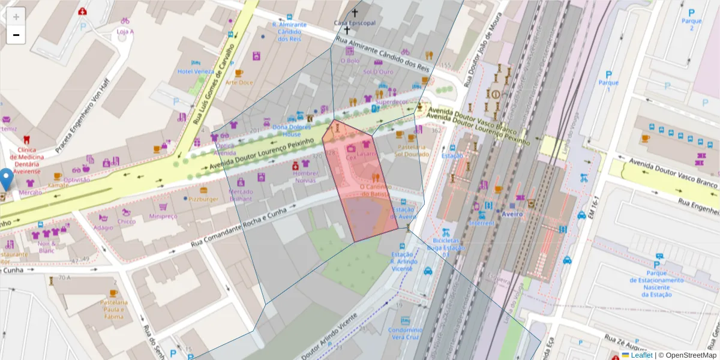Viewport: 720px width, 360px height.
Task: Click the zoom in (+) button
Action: click(16, 16)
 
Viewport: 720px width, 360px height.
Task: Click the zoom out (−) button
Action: click(16, 35)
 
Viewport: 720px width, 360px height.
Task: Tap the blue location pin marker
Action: click(7, 178)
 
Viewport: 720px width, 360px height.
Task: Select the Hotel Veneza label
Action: click(196, 71)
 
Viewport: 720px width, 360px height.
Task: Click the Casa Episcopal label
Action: click(355, 23)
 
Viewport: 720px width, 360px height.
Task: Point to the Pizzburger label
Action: click(203, 199)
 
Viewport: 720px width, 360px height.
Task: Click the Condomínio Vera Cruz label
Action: click(406, 333)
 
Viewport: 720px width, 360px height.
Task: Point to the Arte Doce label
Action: click(239, 82)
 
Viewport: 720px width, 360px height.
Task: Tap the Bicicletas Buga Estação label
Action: click(445, 247)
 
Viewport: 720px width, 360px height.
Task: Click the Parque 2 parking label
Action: click(691, 25)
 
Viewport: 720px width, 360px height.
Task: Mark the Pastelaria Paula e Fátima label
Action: click(114, 309)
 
